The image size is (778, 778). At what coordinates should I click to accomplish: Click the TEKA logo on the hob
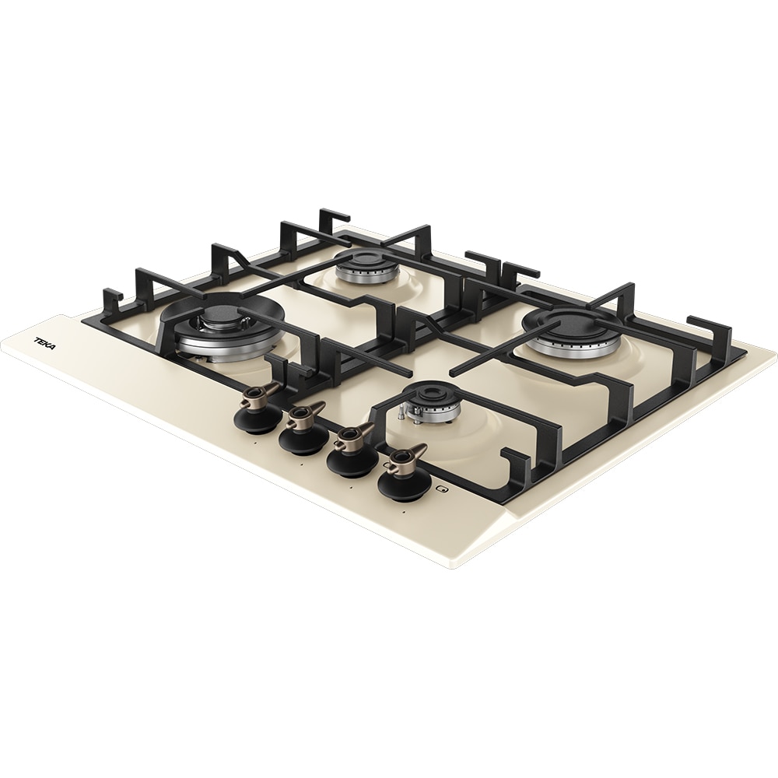[x=45, y=343]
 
